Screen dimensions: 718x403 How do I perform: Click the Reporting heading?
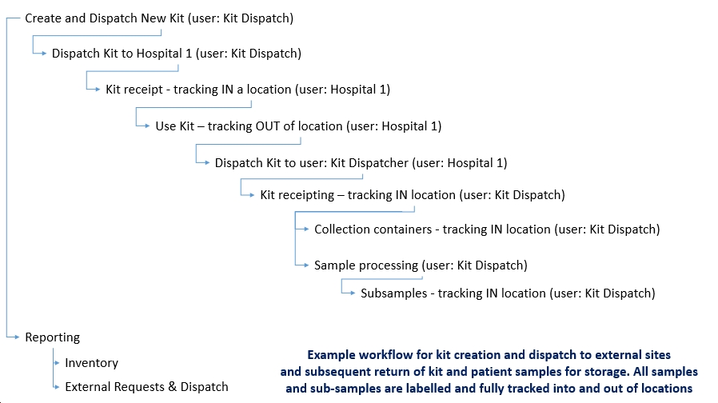pyautogui.click(x=52, y=337)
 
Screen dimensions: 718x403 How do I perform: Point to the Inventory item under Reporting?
pyautogui.click(x=92, y=363)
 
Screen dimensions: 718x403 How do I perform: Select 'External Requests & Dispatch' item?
pyautogui.click(x=146, y=387)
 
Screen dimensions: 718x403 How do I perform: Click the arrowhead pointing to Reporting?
pyautogui.click(x=17, y=337)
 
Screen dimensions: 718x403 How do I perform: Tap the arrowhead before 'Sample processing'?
pyautogui.click(x=306, y=265)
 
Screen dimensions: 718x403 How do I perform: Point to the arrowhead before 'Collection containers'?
pyautogui.click(x=306, y=229)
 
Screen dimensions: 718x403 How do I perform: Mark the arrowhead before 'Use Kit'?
pyautogui.click(x=147, y=126)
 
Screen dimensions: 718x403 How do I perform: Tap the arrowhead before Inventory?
pyautogui.click(x=57, y=363)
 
